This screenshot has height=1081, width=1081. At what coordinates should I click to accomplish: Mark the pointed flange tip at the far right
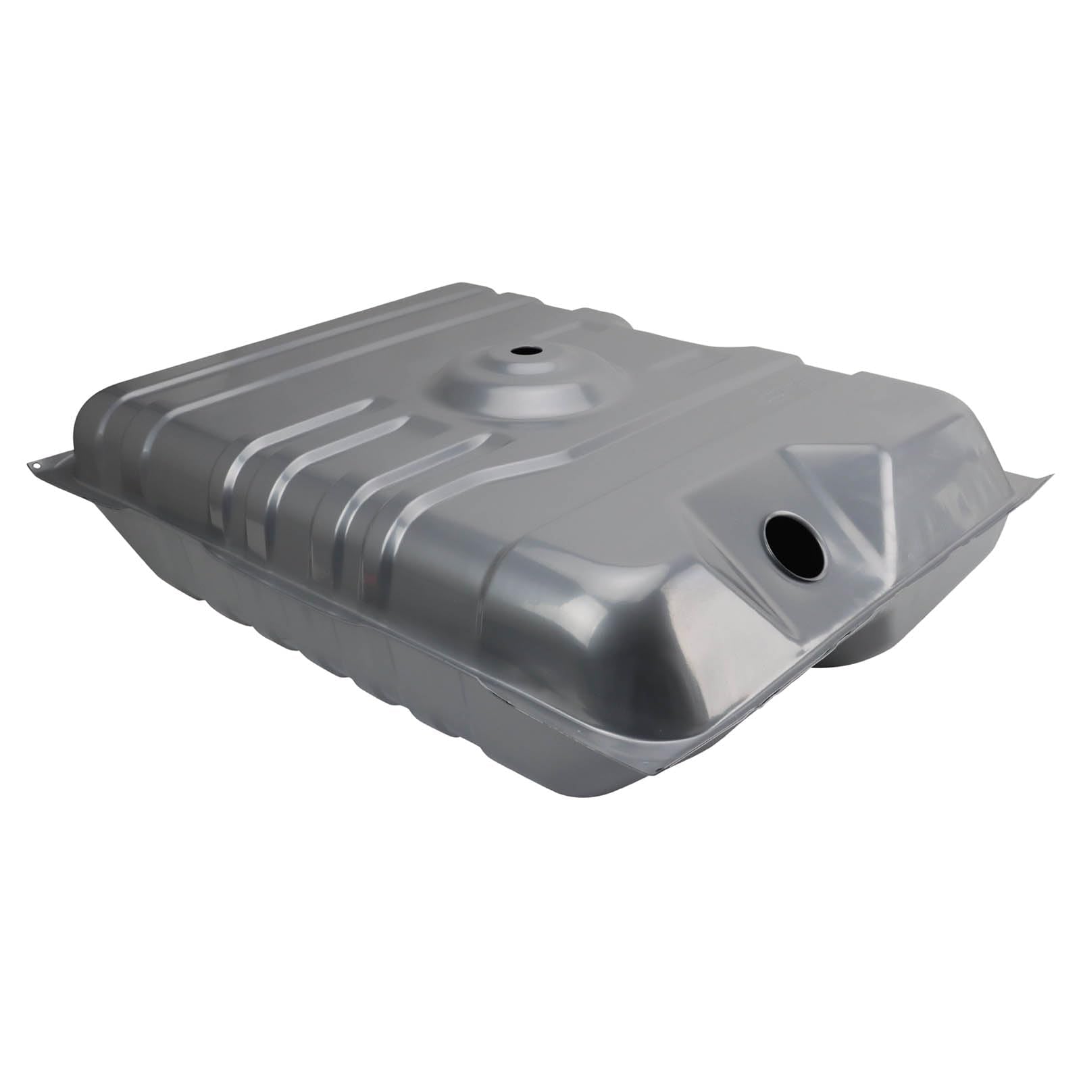(1049, 476)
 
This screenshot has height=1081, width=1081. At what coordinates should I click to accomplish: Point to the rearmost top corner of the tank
(473, 292)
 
